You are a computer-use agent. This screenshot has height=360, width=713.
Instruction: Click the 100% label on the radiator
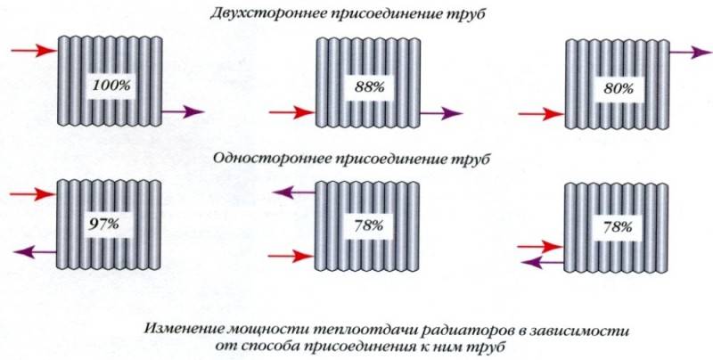[111, 85]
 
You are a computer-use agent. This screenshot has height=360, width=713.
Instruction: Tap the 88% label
[369, 86]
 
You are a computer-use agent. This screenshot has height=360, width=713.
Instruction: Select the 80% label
[619, 88]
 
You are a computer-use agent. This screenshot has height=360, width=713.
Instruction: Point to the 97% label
[103, 224]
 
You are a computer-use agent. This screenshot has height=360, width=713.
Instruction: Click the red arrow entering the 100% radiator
[34, 51]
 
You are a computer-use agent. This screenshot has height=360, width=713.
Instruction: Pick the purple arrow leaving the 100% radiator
[184, 110]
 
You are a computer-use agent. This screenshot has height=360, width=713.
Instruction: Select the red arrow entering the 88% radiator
[292, 111]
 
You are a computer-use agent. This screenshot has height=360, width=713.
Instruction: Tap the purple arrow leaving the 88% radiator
[441, 113]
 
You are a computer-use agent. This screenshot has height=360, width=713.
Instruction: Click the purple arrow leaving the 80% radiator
[690, 53]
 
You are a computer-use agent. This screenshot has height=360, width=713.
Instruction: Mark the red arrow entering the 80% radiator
[541, 114]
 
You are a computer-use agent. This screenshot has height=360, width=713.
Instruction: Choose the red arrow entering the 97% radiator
[33, 194]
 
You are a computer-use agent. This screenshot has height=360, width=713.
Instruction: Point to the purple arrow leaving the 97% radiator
[35, 252]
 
